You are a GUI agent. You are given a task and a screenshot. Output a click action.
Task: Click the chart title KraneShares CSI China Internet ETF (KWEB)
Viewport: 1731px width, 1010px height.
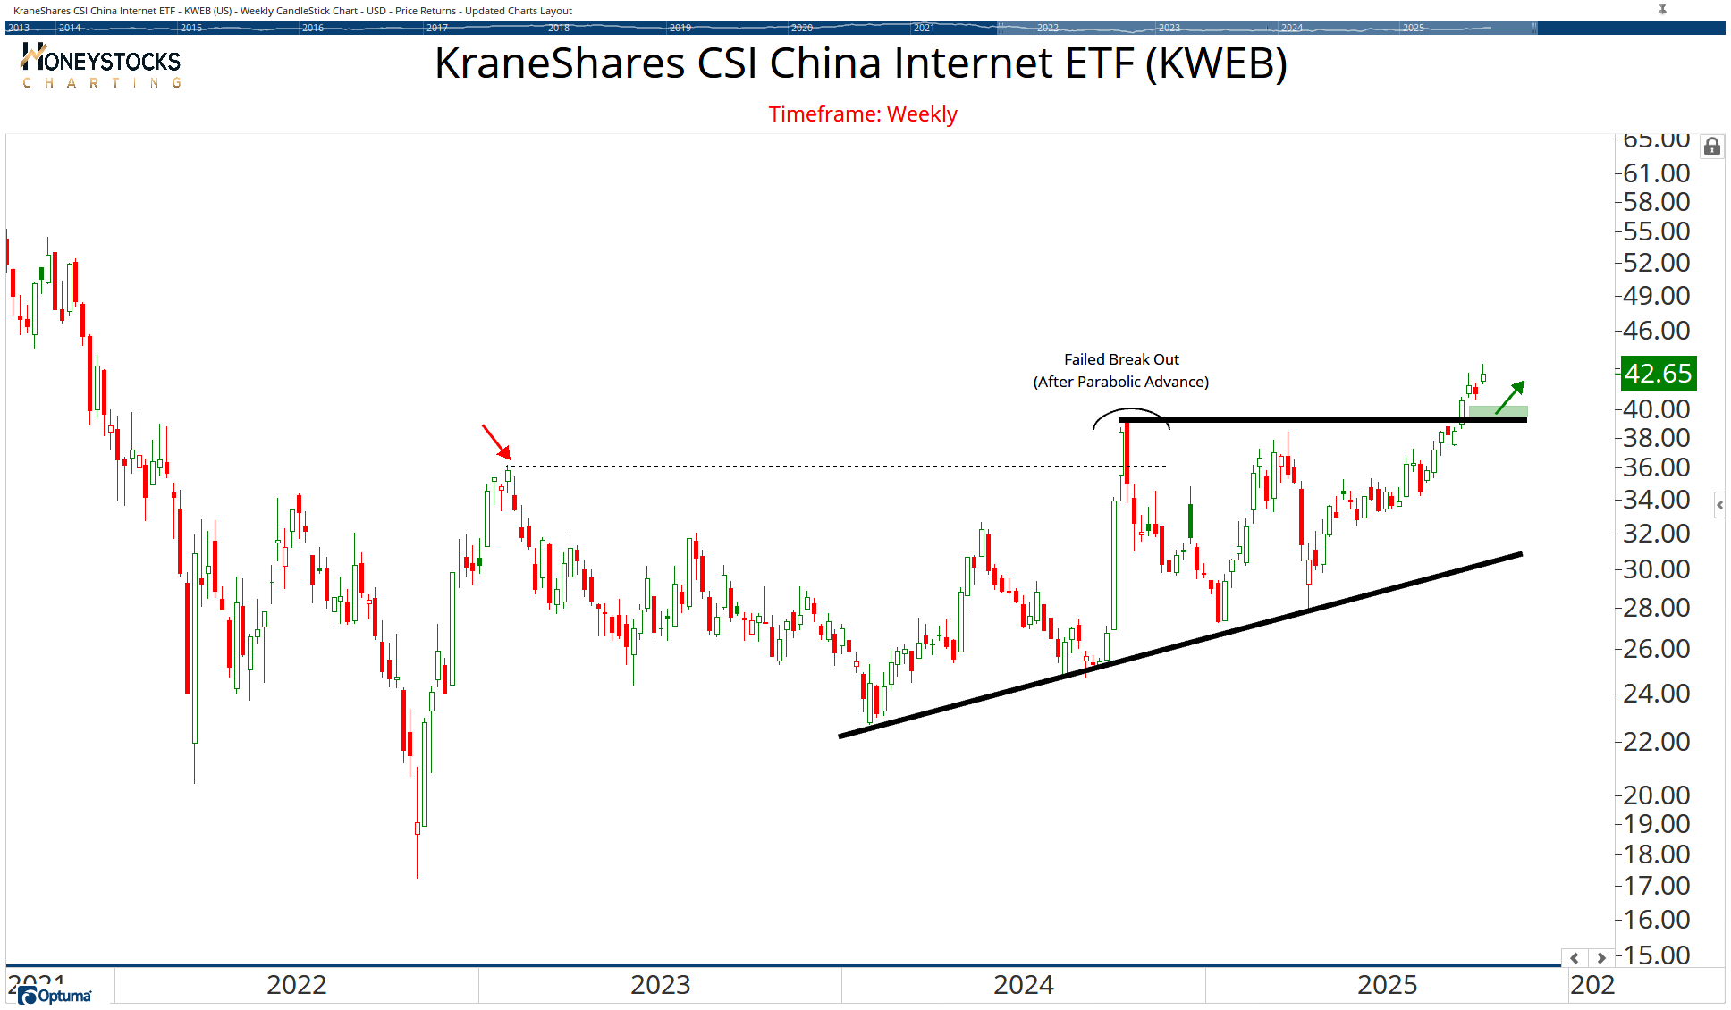click(x=860, y=63)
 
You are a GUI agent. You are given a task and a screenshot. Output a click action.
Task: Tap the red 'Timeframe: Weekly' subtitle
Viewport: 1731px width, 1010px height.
click(x=863, y=114)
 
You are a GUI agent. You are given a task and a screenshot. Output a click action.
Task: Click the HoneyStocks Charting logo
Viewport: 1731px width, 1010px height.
click(x=101, y=67)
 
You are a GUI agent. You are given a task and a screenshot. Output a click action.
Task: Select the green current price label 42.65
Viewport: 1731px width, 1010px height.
click(x=1658, y=373)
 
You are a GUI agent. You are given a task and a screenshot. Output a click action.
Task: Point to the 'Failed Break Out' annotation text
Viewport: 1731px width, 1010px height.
click(x=1121, y=359)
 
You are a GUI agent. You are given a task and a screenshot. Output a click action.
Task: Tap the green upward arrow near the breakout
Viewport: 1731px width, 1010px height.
click(x=1510, y=397)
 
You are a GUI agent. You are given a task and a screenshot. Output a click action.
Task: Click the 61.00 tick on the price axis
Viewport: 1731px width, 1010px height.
click(x=1657, y=173)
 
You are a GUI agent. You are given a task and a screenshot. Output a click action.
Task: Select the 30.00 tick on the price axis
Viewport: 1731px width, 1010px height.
click(x=1657, y=569)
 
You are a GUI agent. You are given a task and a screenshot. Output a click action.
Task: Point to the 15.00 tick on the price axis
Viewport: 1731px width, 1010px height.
click(x=1657, y=955)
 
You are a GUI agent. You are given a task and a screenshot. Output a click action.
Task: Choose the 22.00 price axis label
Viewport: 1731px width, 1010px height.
click(x=1657, y=742)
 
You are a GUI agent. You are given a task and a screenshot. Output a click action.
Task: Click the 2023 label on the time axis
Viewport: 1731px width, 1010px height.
click(x=660, y=985)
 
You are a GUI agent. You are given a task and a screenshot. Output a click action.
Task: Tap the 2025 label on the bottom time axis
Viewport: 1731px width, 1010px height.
click(x=1387, y=985)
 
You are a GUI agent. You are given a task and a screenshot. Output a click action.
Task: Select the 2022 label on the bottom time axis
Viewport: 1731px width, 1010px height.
click(x=297, y=985)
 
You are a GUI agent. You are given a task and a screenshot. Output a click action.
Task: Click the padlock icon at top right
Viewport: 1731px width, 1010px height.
click(x=1711, y=147)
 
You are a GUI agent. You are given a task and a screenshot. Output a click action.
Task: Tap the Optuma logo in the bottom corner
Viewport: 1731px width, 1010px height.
click(x=55, y=996)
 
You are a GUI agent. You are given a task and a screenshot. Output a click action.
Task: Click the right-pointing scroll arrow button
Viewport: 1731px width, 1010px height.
click(x=1601, y=958)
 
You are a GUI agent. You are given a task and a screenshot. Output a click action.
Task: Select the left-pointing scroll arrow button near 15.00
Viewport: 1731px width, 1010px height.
click(x=1575, y=958)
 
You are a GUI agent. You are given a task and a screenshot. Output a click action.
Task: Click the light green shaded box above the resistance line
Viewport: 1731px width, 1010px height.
click(x=1498, y=411)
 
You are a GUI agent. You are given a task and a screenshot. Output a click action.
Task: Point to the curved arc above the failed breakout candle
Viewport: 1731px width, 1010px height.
click(x=1131, y=412)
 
